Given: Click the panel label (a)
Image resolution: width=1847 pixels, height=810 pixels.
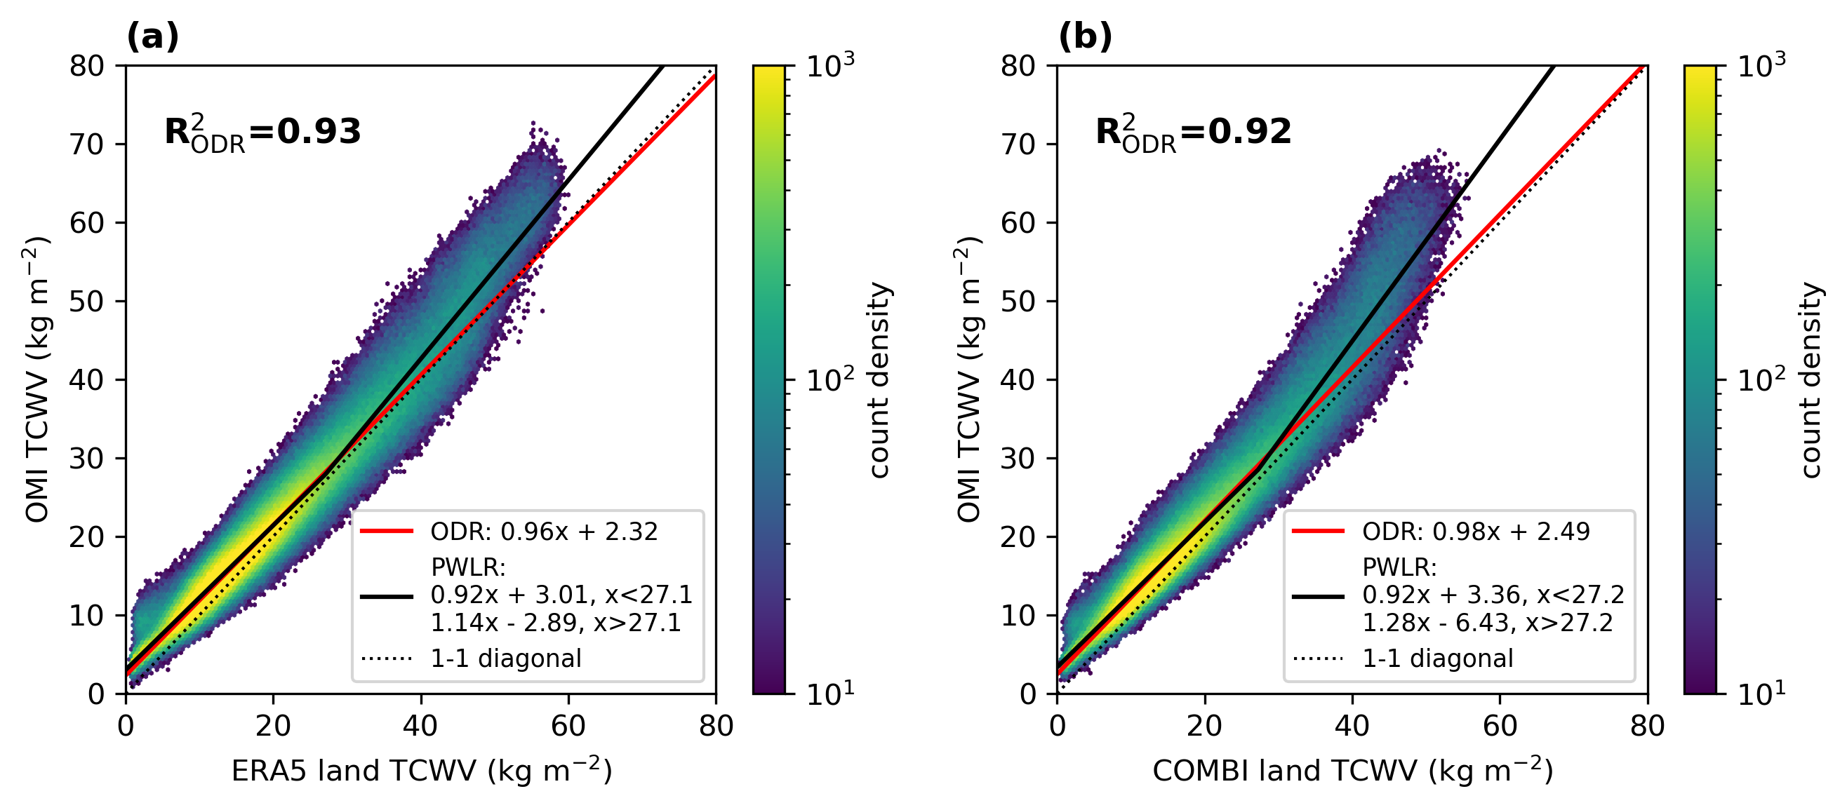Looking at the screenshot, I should tap(152, 36).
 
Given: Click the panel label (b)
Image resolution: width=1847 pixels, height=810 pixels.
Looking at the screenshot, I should tap(1085, 36).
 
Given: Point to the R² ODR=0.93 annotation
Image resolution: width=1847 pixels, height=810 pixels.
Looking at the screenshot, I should tap(262, 133).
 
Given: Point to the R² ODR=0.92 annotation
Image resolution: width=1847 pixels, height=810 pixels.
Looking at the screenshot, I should tap(1193, 133).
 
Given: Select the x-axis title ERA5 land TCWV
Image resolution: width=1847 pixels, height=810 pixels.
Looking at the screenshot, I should tap(422, 771).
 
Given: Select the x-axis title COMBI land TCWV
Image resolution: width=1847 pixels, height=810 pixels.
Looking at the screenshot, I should tap(1352, 771).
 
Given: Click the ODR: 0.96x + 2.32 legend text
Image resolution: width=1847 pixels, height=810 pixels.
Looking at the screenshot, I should tap(543, 532).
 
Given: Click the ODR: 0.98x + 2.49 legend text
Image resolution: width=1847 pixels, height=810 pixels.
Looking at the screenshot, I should tap(1476, 532).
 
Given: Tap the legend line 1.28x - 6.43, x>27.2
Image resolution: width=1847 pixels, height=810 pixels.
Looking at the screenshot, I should tap(1487, 623).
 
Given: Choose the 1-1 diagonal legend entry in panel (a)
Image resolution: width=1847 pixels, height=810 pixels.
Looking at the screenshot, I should tap(505, 659).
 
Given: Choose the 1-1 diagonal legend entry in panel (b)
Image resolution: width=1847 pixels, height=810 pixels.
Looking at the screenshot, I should tap(1437, 659).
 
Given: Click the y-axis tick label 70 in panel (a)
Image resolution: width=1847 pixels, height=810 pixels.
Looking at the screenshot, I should tap(87, 144).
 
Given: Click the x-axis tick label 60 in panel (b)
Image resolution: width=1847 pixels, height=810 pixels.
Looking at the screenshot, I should tap(1499, 727).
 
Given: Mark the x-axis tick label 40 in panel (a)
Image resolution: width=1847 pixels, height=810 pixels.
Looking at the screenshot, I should tap(420, 727).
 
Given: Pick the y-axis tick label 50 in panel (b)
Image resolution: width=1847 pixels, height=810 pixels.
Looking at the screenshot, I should tap(1018, 302).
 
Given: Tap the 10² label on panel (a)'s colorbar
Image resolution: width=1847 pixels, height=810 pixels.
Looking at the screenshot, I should tap(829, 379).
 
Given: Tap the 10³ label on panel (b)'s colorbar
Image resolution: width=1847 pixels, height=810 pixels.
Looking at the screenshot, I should tap(1761, 66).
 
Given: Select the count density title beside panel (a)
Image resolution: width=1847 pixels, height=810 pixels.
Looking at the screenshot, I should tap(879, 380).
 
